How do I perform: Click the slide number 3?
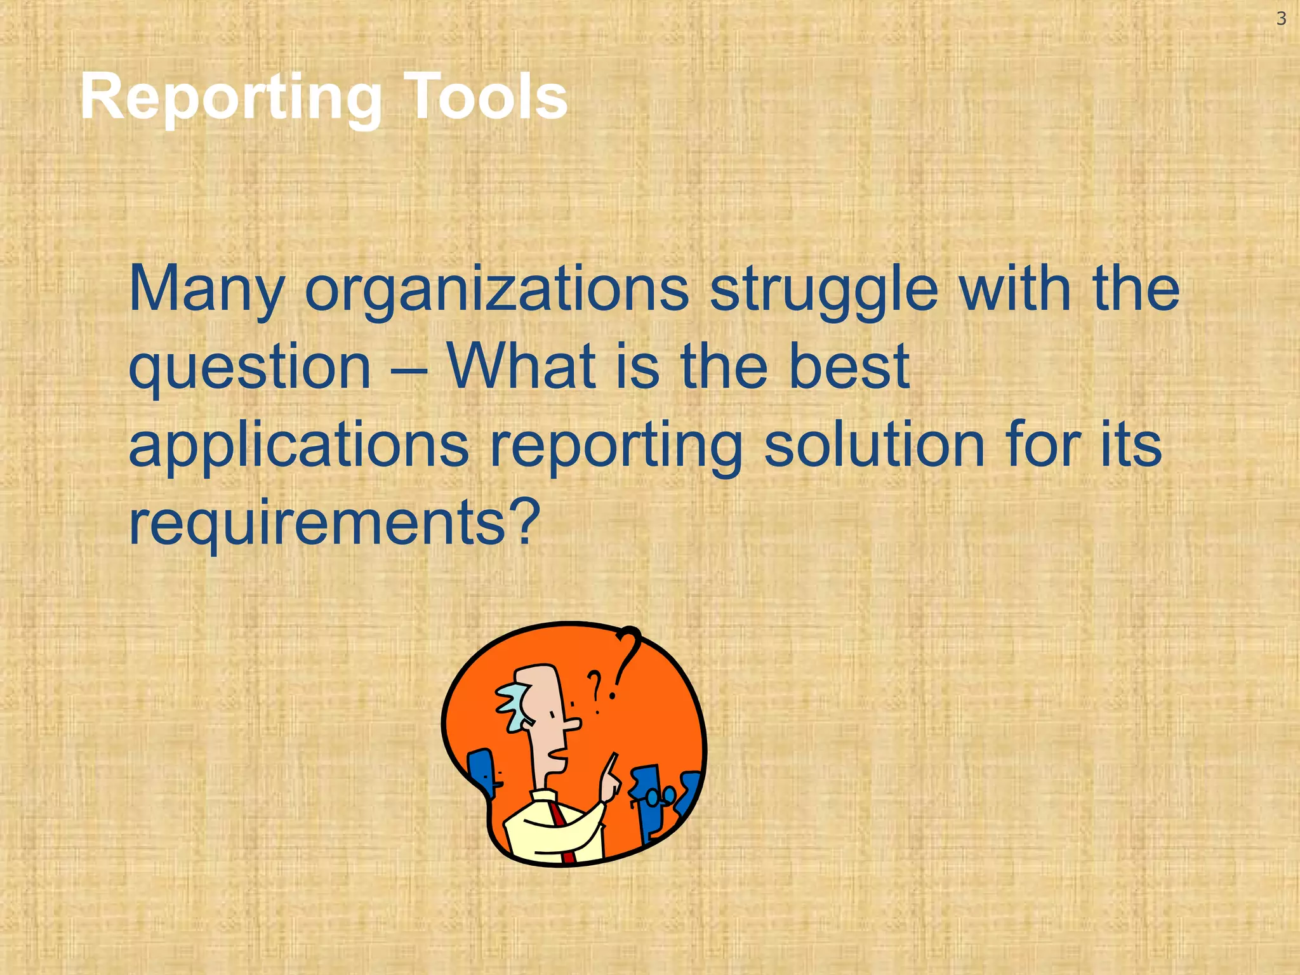[1281, 19]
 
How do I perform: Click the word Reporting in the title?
[230, 97]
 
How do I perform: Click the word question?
[249, 368]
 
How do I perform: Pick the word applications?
[298, 446]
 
